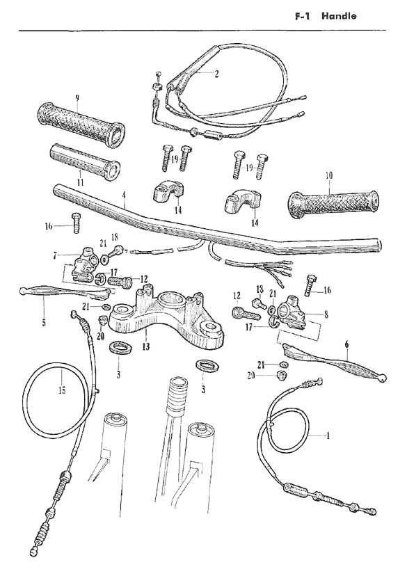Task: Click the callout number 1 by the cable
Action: coord(324,434)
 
